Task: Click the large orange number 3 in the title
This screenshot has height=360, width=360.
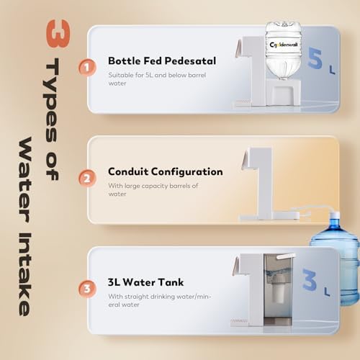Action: [x=58, y=34]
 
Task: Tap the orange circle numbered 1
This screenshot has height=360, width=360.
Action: [x=87, y=68]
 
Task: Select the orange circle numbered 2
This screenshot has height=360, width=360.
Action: [x=87, y=179]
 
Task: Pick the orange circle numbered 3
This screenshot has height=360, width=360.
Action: [x=87, y=289]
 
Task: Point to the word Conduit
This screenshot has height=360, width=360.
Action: [x=128, y=171]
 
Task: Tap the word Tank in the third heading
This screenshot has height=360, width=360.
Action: [x=171, y=282]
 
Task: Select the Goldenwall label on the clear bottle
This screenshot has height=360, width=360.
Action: [x=284, y=45]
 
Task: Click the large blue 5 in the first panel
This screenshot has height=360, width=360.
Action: [x=315, y=58]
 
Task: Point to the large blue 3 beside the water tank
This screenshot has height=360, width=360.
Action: [x=310, y=279]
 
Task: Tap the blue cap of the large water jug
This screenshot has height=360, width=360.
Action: [x=335, y=215]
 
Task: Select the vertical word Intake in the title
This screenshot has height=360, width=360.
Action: [x=24, y=274]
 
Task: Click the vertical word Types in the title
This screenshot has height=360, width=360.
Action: [x=51, y=100]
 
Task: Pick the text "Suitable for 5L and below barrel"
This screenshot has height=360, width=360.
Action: [x=157, y=75]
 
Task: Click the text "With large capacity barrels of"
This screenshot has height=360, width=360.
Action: [x=153, y=186]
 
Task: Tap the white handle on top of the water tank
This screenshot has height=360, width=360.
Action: [x=286, y=256]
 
